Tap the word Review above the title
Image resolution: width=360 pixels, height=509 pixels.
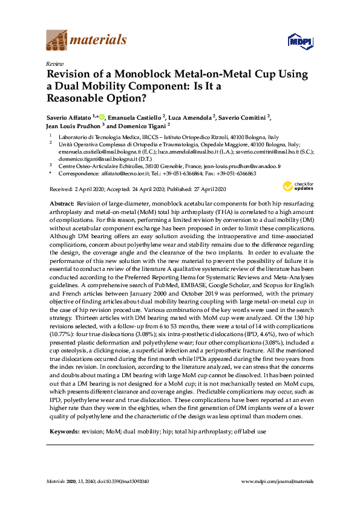coord(55,63)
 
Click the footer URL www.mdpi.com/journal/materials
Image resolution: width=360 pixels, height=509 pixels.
coord(277,481)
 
